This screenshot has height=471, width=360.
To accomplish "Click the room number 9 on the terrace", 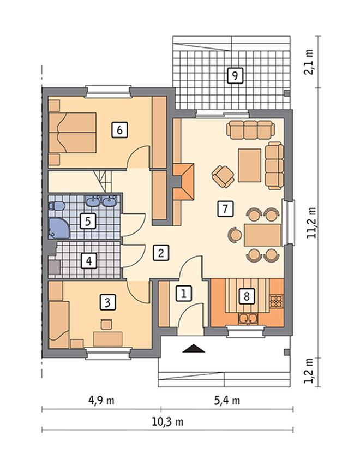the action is (x=235, y=75).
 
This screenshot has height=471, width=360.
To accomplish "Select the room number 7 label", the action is (x=225, y=208).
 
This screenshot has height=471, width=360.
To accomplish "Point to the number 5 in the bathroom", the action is (x=88, y=222).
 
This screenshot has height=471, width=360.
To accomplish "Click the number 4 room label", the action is (x=89, y=261).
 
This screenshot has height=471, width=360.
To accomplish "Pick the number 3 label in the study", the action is (x=107, y=302).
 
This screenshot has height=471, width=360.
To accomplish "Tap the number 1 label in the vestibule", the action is (x=183, y=293).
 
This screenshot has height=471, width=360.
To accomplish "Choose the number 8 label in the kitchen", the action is (x=247, y=296).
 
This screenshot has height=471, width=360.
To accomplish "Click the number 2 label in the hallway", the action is (x=161, y=253).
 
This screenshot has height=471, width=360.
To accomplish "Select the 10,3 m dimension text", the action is (x=167, y=422).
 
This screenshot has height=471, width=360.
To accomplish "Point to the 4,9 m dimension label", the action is (x=101, y=401).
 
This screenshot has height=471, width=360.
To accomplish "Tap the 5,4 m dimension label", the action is (x=227, y=401).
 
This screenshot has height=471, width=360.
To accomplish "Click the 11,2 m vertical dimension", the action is (x=311, y=223).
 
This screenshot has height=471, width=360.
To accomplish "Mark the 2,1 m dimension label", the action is (x=309, y=62).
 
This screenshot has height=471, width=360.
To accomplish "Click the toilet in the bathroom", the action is (x=56, y=206).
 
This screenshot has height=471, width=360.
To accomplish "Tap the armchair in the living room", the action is (x=223, y=176).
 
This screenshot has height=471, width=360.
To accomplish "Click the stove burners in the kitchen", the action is (x=276, y=301).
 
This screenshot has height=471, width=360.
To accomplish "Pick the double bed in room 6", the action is (x=73, y=133).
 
